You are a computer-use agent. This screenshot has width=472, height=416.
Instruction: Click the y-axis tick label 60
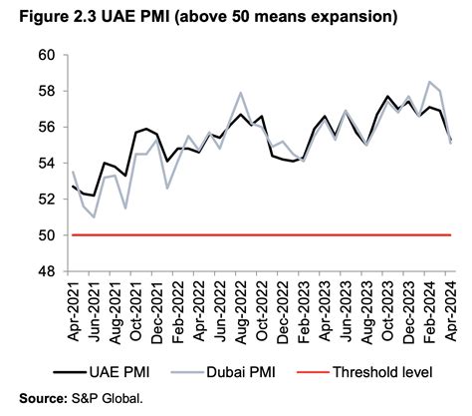pyautogui.click(x=48, y=55)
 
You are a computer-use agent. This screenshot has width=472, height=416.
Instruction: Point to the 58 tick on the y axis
pyautogui.click(x=48, y=91)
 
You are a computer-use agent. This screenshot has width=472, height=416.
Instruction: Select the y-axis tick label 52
pyautogui.click(x=48, y=200)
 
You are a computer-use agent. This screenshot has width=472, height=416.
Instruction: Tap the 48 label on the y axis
pyautogui.click(x=48, y=271)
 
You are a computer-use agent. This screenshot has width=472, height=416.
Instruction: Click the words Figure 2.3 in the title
pyautogui.click(x=41, y=16)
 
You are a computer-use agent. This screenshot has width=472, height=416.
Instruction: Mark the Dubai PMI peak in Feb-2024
pyautogui.click(x=429, y=82)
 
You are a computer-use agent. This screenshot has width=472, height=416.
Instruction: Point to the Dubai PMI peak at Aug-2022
pyautogui.click(x=242, y=93)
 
